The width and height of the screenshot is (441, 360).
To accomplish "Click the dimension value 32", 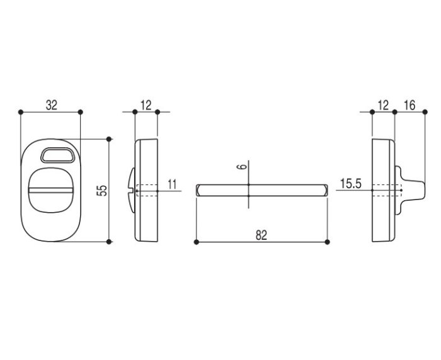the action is pos(52,105).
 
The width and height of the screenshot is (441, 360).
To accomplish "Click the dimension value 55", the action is pos(103,190).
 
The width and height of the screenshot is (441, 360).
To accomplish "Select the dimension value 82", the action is pos(261,235).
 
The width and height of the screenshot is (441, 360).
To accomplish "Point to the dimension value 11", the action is pos(172,184).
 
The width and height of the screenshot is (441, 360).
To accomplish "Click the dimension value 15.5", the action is pos(351,184).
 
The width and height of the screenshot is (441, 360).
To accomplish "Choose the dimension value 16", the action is pos(409,105).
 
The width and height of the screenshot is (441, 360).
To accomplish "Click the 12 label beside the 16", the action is pos(383,105).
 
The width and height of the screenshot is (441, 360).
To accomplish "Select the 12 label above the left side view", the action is pos(146,105).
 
